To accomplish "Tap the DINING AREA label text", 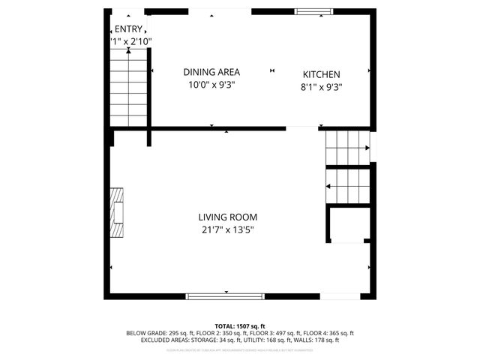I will pos(211,72).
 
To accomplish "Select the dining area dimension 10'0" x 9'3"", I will pos(211,85).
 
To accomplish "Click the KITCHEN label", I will pos(321,74).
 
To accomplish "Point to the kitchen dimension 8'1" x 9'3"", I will pos(321,86).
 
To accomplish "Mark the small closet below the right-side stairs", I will pos(348,224).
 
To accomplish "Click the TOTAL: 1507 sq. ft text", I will pos(240,326).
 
